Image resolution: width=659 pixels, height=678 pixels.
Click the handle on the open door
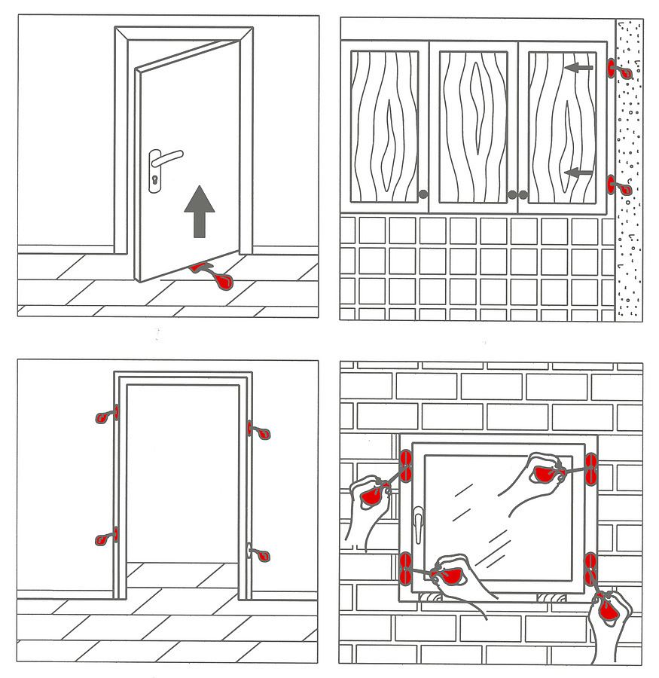pyautogui.click(x=167, y=157)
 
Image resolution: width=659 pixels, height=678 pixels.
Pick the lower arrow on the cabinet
pyautogui.click(x=578, y=173)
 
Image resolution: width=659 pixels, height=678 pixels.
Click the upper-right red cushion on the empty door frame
pyautogui.click(x=261, y=433)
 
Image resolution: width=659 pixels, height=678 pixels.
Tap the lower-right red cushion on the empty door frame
pyautogui.click(x=261, y=556)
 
